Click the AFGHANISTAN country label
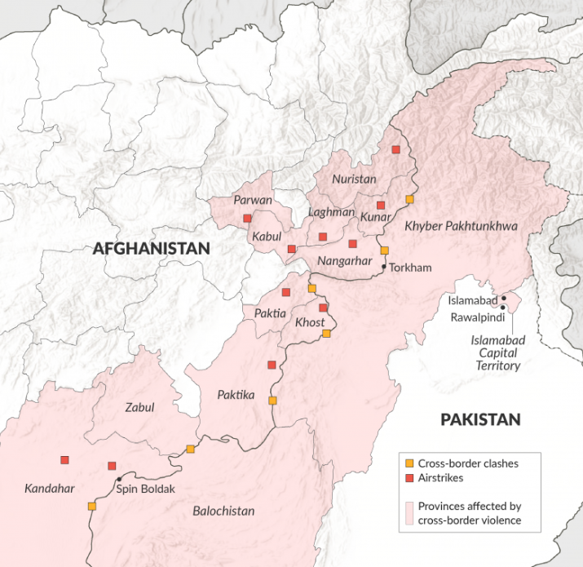(x=151, y=249)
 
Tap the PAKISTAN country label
(x=479, y=419)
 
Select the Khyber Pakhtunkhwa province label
(x=462, y=225)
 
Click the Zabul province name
(x=139, y=407)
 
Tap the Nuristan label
(x=354, y=179)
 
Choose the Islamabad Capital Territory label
(x=497, y=352)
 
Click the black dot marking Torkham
(x=383, y=266)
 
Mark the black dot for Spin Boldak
(x=119, y=479)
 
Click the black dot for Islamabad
(x=504, y=298)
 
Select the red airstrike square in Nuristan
(x=395, y=149)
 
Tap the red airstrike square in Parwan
(x=246, y=218)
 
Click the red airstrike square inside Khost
(x=323, y=308)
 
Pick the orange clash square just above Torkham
(x=385, y=250)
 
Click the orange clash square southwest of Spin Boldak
(x=91, y=506)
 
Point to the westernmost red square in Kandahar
(x=64, y=460)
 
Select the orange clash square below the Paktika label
(x=272, y=401)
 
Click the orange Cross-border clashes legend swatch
(x=409, y=463)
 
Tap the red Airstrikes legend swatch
(x=409, y=479)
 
